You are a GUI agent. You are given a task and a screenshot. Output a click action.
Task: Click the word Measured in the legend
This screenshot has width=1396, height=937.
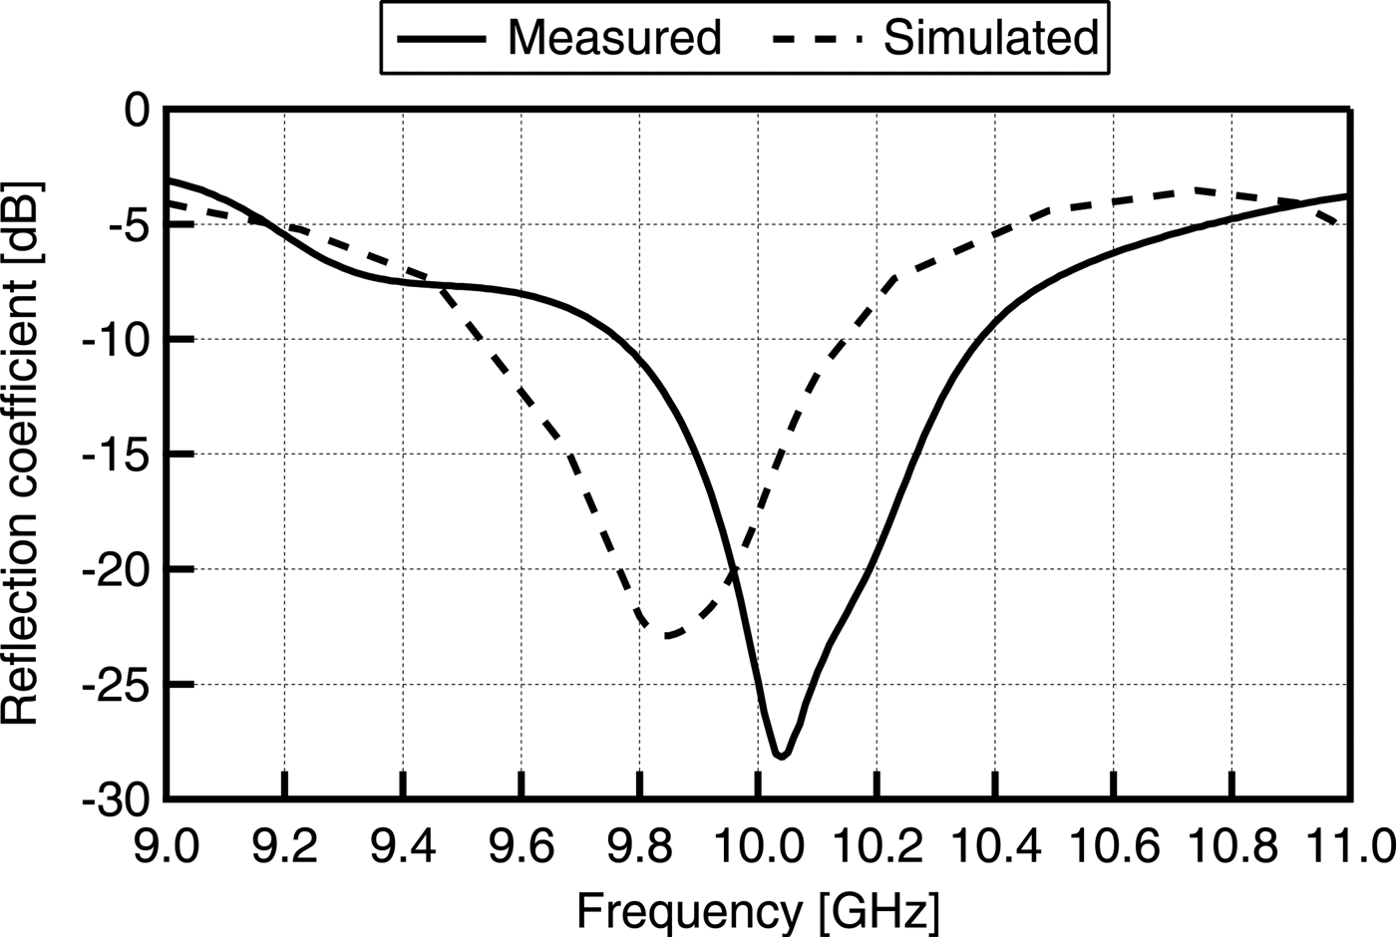tap(613, 38)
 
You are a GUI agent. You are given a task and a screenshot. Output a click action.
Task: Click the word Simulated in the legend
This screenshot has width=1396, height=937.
tap(990, 38)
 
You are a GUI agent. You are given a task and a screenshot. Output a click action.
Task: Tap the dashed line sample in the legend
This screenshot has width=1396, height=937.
tap(818, 39)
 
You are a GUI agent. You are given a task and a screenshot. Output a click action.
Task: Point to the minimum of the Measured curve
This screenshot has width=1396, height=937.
tap(781, 756)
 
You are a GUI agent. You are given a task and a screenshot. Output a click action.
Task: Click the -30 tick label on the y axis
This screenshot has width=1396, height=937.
tap(118, 799)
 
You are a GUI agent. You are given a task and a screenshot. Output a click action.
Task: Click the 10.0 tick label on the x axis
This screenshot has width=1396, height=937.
tap(758, 847)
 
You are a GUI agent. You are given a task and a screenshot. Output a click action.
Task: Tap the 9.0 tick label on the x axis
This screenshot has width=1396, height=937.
tap(167, 847)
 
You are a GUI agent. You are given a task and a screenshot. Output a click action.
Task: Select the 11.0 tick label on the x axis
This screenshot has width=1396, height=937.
tap(1350, 847)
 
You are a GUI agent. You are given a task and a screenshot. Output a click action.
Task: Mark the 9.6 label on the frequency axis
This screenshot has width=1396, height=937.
tap(522, 847)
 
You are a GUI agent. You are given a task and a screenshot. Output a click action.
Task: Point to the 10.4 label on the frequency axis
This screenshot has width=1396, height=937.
tap(994, 847)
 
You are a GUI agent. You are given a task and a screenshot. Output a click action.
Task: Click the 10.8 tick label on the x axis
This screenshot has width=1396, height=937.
tap(1231, 847)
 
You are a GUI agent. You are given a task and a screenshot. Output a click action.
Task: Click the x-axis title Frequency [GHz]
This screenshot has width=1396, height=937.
tap(758, 910)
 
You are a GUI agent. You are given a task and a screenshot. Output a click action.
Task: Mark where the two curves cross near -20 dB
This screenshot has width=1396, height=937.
tap(733, 571)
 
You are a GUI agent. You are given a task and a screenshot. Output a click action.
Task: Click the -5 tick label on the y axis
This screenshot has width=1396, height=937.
tap(128, 224)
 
